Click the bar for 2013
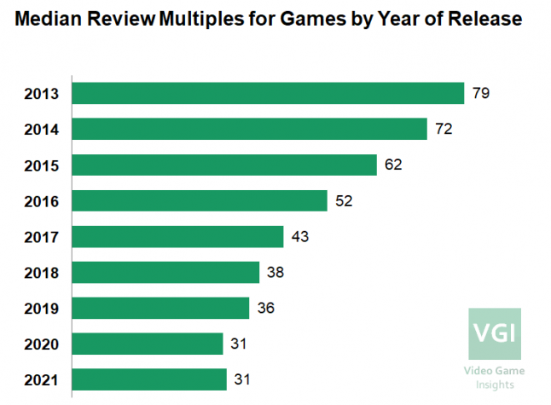(x=268, y=93)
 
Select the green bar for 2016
(x=200, y=200)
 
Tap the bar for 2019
(x=160, y=308)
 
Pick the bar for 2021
(x=149, y=379)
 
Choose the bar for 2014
(x=249, y=129)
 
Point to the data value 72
(x=442, y=130)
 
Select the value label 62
(x=391, y=165)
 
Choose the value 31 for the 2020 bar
(x=238, y=344)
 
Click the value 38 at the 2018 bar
(x=274, y=273)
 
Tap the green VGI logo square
(x=495, y=333)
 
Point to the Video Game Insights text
(x=495, y=378)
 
